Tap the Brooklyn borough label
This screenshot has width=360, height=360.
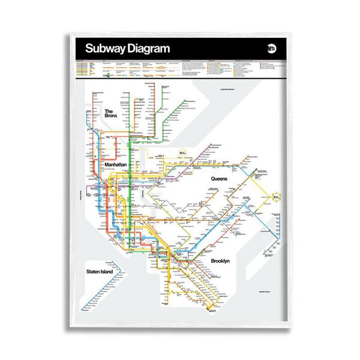[223, 261]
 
